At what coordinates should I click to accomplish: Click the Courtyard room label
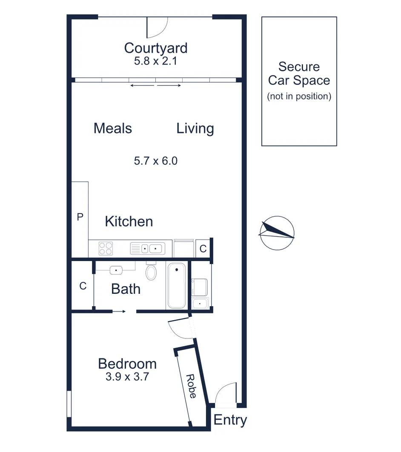(155, 48)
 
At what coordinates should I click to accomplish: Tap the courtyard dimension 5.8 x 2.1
(155, 61)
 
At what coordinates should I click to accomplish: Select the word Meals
(113, 128)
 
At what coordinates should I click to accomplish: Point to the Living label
(195, 128)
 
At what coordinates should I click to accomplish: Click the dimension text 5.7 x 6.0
(155, 161)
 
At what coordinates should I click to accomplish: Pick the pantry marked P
(80, 217)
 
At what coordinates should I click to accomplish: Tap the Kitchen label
(129, 222)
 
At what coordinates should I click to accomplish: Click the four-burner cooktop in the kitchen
(105, 248)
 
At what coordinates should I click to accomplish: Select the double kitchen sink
(147, 248)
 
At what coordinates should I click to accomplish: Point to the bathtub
(176, 286)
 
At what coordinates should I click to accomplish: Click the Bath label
(126, 289)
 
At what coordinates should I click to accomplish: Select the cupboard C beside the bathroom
(83, 286)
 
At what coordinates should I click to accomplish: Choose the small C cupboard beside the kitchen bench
(203, 249)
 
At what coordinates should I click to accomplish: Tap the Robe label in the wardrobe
(191, 386)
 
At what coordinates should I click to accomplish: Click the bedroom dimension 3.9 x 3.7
(127, 377)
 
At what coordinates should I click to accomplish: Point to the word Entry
(230, 420)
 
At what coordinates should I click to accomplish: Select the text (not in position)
(299, 96)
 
